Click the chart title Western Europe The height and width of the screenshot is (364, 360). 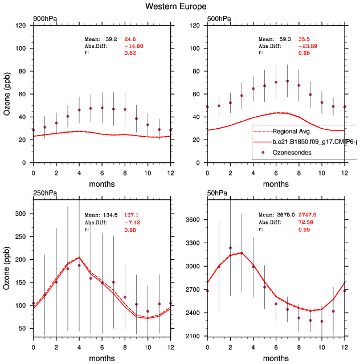pos(179,7)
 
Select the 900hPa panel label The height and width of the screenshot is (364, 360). pos(45,19)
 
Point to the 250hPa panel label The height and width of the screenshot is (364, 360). pos(45,194)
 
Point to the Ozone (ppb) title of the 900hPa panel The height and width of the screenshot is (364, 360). pos(7,94)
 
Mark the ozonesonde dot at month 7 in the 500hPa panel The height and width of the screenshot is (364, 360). pos(288,81)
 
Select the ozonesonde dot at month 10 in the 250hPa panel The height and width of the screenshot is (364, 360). pos(148,312)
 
